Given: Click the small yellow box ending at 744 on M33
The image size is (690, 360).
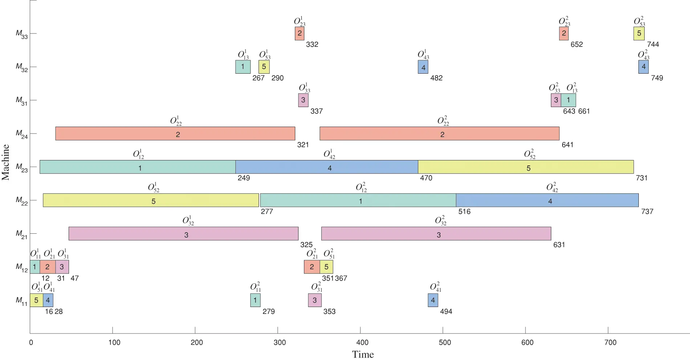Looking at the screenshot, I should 639,33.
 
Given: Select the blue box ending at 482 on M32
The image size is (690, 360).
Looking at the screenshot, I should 423,67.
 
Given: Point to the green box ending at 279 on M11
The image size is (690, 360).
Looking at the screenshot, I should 255,300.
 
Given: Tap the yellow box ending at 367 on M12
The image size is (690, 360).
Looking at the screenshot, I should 326,267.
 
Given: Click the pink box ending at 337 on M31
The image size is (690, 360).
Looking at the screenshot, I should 303,100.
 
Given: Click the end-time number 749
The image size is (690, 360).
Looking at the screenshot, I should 657,78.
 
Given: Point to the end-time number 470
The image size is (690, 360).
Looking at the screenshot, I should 426,178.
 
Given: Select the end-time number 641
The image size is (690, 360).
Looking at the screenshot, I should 568,145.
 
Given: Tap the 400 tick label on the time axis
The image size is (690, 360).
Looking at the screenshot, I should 362,343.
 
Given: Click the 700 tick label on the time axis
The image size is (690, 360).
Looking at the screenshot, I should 610,343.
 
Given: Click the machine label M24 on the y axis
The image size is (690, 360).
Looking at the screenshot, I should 21,134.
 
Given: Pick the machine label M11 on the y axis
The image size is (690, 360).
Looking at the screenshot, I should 21,301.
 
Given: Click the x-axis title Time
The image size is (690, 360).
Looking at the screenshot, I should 363,355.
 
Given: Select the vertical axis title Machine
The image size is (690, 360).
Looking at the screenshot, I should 5,162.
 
